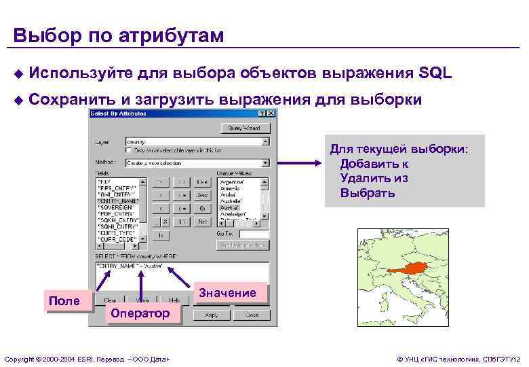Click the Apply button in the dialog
[x=211, y=315]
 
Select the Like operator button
[x=202, y=182]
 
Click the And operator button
[x=202, y=195]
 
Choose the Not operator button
[x=202, y=222]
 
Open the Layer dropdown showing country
[x=265, y=142]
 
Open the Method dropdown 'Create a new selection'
[x=265, y=163]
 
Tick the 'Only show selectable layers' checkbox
[x=129, y=150]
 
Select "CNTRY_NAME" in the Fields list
[x=118, y=201]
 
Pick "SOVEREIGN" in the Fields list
[x=118, y=208]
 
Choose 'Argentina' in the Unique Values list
[x=232, y=182]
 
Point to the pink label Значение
[x=227, y=293]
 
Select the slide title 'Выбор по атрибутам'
[x=118, y=35]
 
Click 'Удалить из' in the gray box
[x=374, y=178]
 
